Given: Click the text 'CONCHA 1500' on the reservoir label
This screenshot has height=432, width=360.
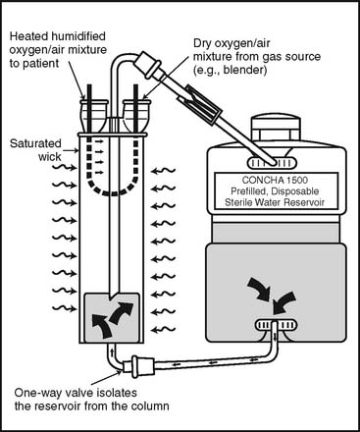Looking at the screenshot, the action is click(x=275, y=180).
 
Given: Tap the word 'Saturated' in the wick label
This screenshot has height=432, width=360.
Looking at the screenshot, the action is click(x=35, y=143).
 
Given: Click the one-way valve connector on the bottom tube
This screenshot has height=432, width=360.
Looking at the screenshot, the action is click(x=138, y=366).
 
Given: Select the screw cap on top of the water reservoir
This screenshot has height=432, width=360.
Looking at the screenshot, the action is click(x=275, y=131).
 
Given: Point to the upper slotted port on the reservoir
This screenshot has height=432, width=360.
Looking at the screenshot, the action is click(x=273, y=163).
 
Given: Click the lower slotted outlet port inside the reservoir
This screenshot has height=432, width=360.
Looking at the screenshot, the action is click(x=276, y=325).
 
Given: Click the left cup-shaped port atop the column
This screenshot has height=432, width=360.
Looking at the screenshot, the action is click(x=94, y=116).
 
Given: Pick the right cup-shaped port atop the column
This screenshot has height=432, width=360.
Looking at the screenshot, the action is click(x=136, y=116).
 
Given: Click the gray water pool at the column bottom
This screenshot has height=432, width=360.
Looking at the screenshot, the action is click(x=112, y=317).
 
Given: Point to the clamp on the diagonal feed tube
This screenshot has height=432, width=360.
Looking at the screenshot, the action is click(x=201, y=105).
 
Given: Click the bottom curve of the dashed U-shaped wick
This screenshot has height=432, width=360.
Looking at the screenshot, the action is click(x=112, y=192).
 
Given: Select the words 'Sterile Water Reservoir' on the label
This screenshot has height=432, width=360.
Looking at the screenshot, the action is click(x=275, y=202).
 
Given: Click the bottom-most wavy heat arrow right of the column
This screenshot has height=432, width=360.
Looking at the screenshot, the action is click(x=164, y=329).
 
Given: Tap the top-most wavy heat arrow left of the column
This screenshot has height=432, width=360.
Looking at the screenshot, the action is click(x=65, y=167).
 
